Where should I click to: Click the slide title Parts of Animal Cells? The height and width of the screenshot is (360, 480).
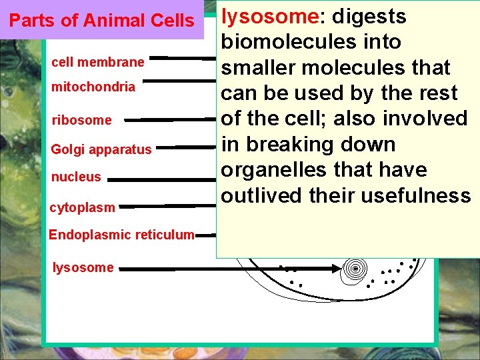[x=101, y=21]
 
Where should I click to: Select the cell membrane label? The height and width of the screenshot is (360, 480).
[x=97, y=62]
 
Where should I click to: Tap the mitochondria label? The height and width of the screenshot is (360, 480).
[x=93, y=87]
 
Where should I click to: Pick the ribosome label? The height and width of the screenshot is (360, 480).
[x=81, y=121]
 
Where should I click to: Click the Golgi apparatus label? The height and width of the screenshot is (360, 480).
[x=101, y=149]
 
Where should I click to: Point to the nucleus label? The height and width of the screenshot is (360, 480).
[x=76, y=177]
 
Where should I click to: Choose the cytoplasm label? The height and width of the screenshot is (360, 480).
[x=82, y=207]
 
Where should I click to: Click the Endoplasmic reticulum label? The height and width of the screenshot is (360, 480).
[x=121, y=235]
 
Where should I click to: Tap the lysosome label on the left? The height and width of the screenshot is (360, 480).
[x=83, y=267]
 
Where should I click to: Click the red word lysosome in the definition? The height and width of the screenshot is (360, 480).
[x=261, y=15]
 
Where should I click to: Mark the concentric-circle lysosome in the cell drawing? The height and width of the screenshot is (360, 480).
[x=355, y=268]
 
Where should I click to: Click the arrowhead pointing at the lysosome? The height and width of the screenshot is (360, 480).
[x=333, y=268]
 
